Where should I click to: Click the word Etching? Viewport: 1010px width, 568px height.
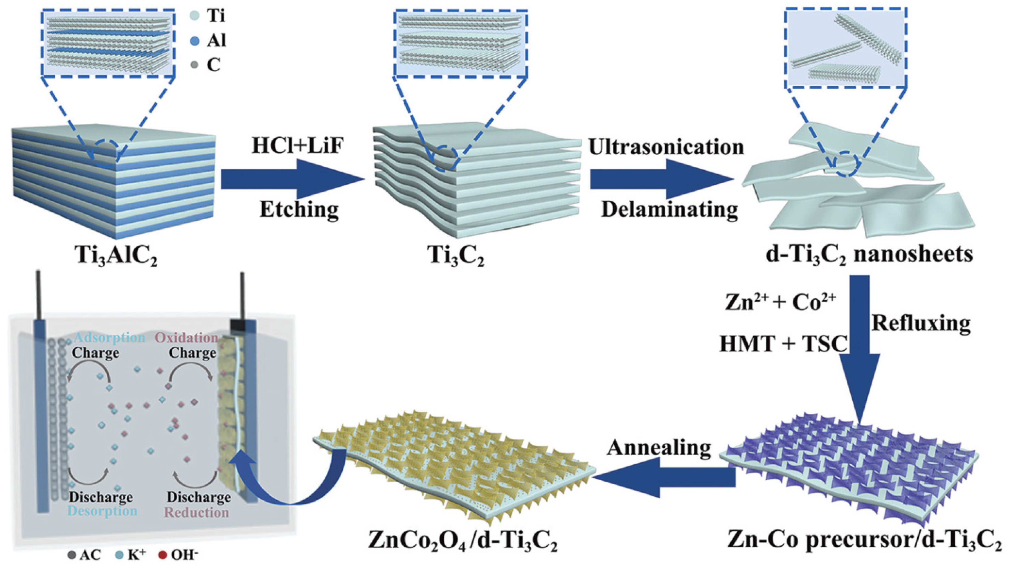click(x=299, y=210)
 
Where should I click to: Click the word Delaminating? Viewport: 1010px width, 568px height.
click(x=669, y=210)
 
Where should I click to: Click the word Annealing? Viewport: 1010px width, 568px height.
click(x=659, y=448)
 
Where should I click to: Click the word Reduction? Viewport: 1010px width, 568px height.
click(x=197, y=512)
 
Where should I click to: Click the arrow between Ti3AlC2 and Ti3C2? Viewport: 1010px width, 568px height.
click(x=292, y=179)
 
